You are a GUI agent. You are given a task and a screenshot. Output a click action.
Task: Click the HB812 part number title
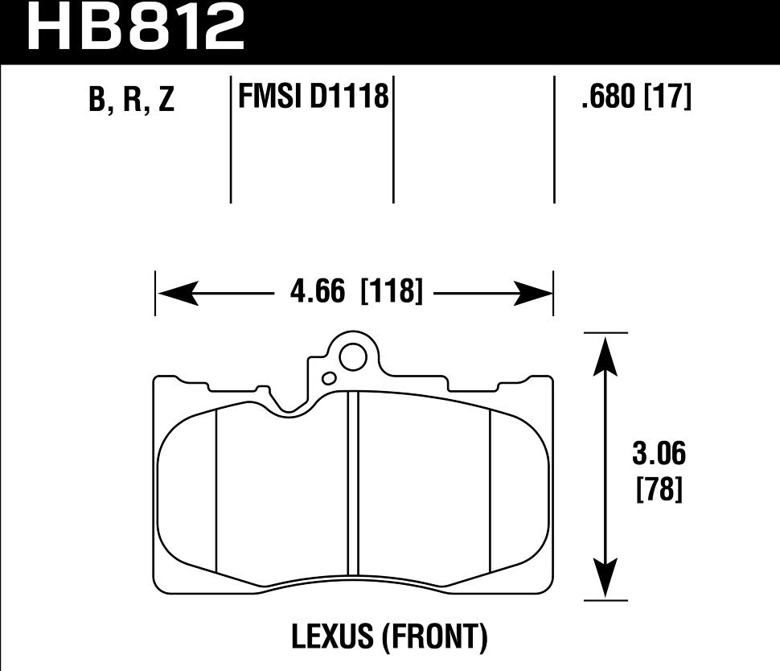[x=135, y=29]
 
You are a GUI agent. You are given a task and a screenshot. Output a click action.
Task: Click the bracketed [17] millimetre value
[x=668, y=98]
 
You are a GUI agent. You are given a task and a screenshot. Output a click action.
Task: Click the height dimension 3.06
[x=659, y=455]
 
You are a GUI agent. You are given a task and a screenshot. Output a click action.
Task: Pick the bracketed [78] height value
[x=659, y=488]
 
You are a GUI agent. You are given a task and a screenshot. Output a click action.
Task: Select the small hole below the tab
[x=328, y=378]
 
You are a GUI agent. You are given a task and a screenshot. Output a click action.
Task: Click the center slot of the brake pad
[x=351, y=483]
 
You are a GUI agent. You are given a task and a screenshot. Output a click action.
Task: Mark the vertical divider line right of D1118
[x=393, y=141]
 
